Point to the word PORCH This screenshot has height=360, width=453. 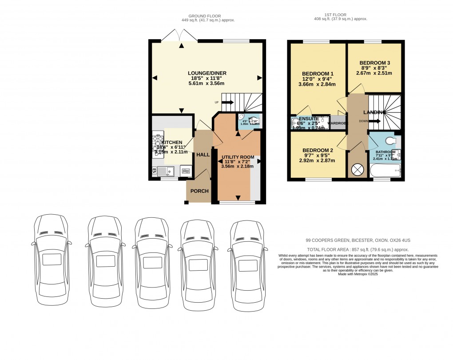coord(199,191)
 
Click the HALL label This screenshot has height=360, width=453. coord(203,154)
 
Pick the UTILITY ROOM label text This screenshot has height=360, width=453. coord(238,157)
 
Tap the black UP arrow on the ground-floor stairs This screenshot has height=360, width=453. coord(227,103)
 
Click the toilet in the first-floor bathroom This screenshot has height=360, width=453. coord(391,141)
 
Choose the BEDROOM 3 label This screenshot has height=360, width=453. coord(374,63)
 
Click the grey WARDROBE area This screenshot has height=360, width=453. coord(338,123)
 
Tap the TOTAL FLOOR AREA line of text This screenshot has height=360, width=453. coord(358,250)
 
